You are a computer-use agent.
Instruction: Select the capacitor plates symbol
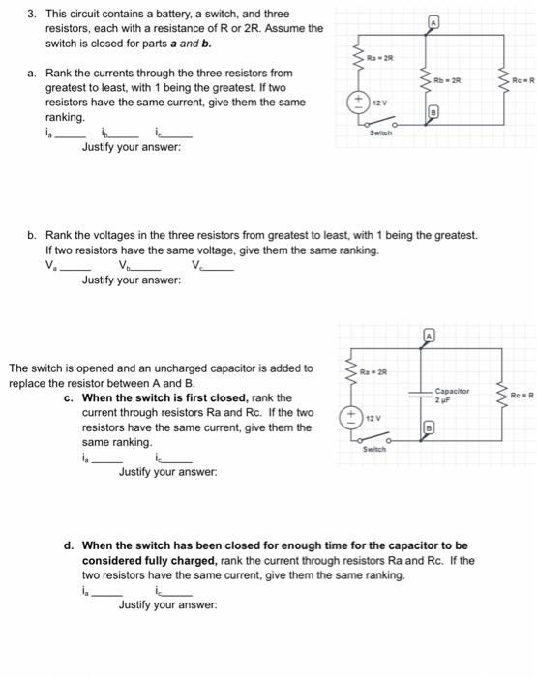click(422, 394)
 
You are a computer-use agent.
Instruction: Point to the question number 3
click(30, 15)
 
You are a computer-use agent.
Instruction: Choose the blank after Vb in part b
click(147, 267)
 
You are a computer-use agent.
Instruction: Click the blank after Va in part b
click(74, 267)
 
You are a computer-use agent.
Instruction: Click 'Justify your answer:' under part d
click(167, 604)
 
